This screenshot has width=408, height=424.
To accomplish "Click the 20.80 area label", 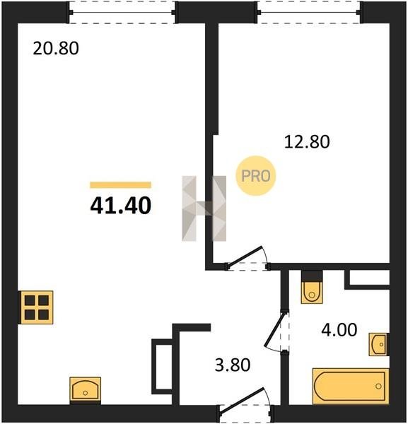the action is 56,48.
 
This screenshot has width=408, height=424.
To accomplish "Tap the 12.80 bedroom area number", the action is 307,142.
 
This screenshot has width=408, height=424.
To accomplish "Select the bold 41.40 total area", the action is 121,206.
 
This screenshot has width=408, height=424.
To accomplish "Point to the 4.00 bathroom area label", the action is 339,330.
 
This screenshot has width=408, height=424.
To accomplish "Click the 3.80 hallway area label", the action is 233,365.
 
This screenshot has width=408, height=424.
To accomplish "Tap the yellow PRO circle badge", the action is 256,176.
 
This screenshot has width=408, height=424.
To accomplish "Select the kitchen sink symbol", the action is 86,389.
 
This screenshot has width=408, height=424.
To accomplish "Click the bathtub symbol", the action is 351,386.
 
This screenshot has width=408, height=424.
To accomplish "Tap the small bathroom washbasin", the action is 379,344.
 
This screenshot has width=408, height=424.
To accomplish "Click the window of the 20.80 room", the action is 122,13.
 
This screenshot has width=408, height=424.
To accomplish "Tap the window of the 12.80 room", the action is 309,13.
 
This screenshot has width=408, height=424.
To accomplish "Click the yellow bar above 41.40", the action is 120,185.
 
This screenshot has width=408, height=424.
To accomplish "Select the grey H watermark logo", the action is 204,208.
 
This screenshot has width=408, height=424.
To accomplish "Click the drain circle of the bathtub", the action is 378,386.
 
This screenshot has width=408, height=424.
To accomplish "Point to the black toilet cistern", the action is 312,276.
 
